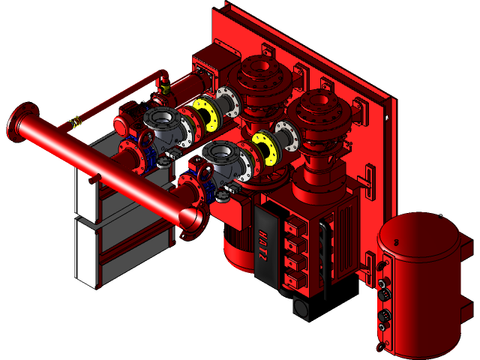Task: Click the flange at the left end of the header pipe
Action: pos(21,124)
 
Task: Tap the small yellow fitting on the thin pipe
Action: pos(75,122)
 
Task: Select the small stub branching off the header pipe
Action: pos(93,178)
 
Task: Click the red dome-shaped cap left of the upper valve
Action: pos(126,124)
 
